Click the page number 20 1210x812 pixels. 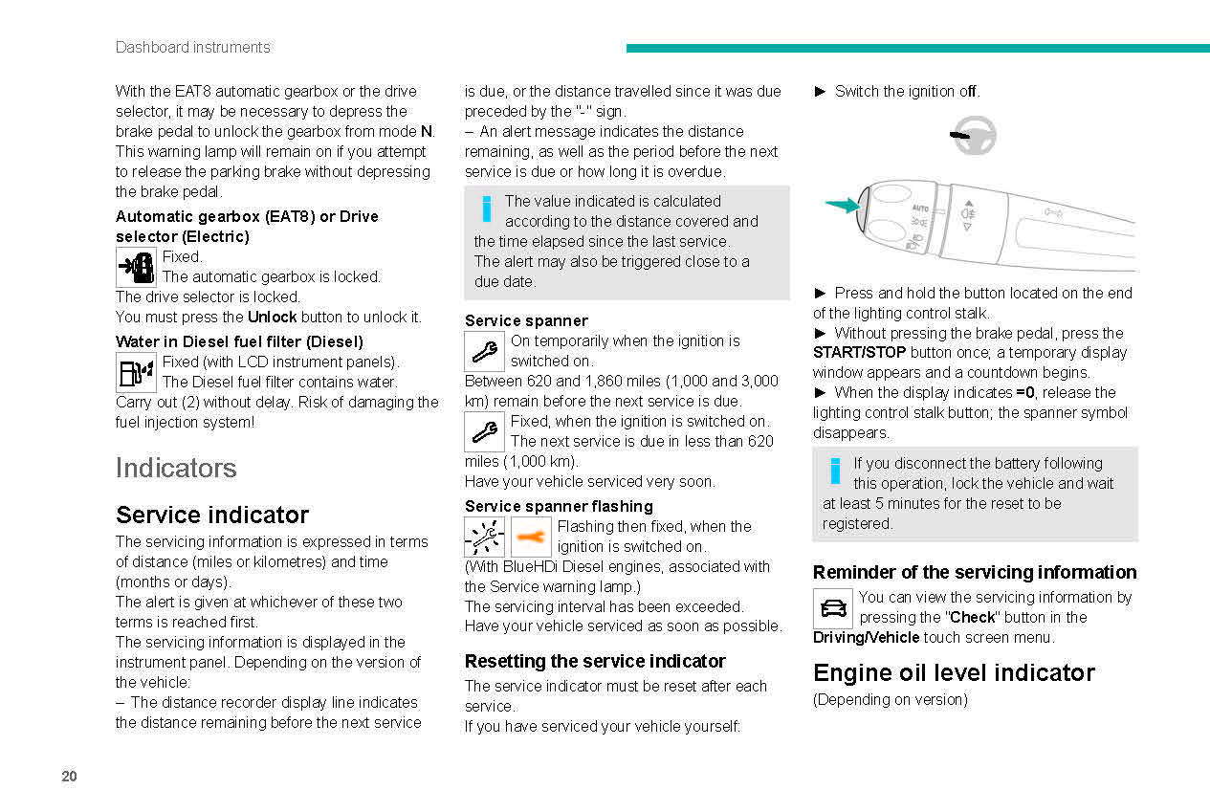tap(69, 777)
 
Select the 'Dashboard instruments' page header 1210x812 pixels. tap(192, 47)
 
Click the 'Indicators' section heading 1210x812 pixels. tap(175, 468)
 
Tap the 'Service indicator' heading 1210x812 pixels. tap(211, 515)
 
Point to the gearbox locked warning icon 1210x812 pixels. tap(136, 267)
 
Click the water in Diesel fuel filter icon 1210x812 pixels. tap(136, 372)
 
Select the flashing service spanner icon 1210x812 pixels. tap(484, 537)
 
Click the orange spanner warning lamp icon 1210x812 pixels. tap(531, 537)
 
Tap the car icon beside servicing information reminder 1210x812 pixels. tap(832, 608)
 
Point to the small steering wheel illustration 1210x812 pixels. tap(974, 136)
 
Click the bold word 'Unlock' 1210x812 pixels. tap(273, 317)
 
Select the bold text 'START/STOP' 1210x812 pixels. tap(859, 353)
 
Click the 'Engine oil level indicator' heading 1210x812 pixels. tap(954, 672)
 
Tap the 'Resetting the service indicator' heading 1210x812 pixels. tap(594, 661)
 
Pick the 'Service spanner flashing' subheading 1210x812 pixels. tap(559, 506)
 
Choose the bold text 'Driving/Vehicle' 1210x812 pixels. tap(866, 638)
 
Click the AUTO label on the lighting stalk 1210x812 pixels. tap(919, 208)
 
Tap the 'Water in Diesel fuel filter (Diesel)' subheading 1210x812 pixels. tap(238, 341)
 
